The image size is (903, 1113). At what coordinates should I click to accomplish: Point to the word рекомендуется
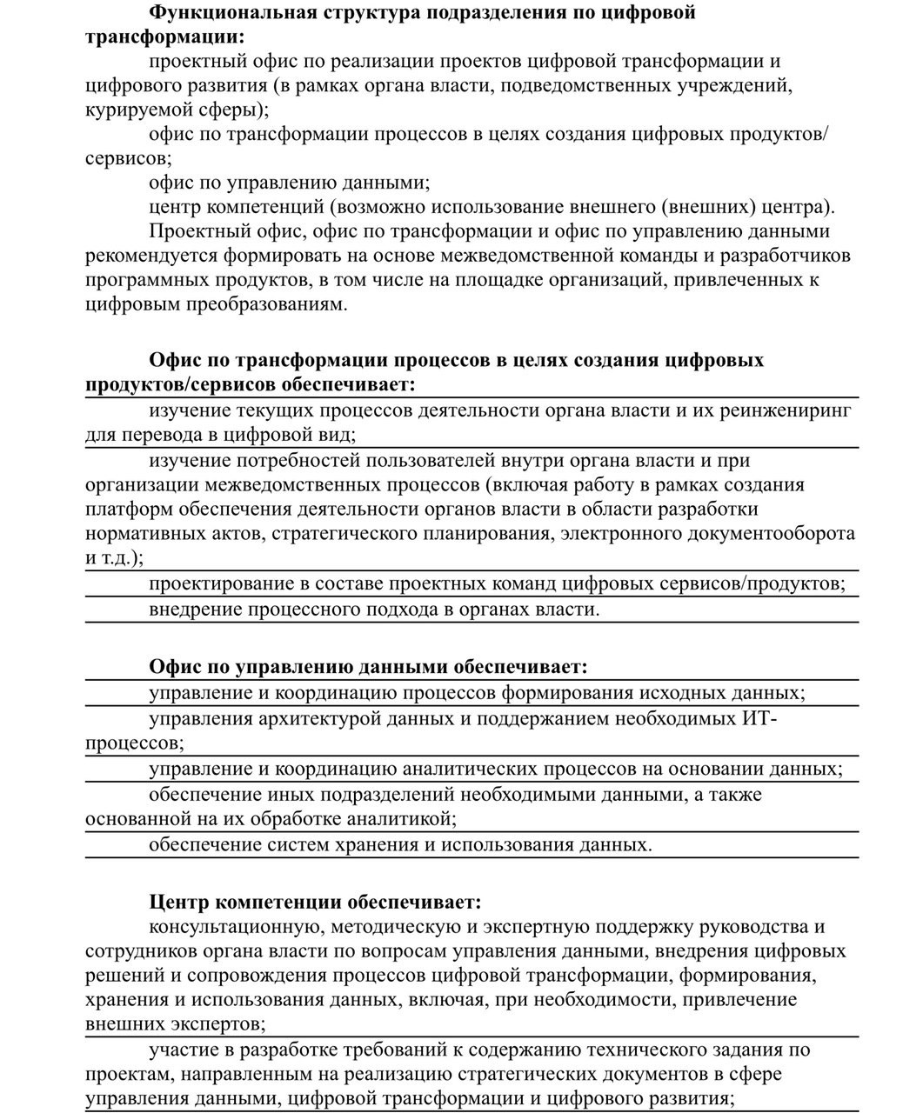(153, 256)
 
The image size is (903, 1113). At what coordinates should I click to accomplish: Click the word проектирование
(224, 583)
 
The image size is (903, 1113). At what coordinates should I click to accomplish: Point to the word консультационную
(236, 927)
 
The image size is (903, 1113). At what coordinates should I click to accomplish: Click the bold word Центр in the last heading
(179, 902)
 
